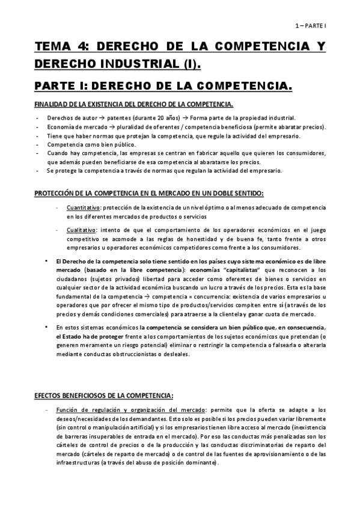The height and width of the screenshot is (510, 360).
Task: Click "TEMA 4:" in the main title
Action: point(59,48)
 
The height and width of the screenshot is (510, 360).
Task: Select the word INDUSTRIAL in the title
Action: point(129,64)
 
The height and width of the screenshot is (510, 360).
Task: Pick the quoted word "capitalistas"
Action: point(231,271)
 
